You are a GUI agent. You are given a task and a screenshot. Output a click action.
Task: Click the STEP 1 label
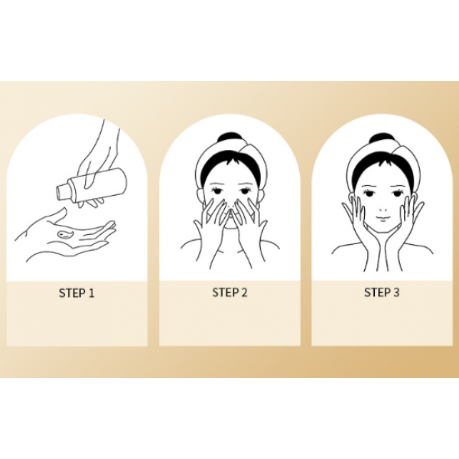(x=76, y=293)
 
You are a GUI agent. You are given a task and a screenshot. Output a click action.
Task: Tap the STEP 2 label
(x=229, y=292)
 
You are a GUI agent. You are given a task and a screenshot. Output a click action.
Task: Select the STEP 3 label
(x=382, y=292)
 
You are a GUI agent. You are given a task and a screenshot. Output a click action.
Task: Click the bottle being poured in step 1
(x=91, y=184)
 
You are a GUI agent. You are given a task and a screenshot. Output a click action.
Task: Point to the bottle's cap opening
(x=60, y=193)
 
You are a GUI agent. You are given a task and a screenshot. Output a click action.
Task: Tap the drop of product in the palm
(x=65, y=233)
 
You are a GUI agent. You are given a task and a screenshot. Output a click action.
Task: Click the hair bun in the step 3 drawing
(x=380, y=138)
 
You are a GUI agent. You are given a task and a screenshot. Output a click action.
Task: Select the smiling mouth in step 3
(x=383, y=218)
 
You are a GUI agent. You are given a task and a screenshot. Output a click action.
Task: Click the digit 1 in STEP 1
(x=91, y=293)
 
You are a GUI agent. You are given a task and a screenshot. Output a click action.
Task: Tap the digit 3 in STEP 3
(x=396, y=292)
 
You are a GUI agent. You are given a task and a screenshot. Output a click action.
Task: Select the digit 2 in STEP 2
(x=244, y=292)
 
